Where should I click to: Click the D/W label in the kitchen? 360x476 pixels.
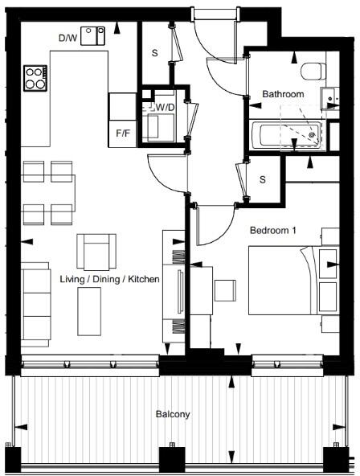[67, 37]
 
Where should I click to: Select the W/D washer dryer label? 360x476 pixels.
[166, 107]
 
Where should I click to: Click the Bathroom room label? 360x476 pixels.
[283, 95]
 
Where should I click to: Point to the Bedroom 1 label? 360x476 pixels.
[273, 230]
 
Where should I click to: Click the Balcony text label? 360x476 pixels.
[173, 415]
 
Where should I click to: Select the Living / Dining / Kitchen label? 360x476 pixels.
[110, 278]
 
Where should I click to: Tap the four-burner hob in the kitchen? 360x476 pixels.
[35, 78]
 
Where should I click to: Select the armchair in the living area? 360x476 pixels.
[97, 252]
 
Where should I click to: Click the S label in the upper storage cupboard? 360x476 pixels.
[154, 55]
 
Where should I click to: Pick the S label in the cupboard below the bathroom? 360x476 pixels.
[262, 179]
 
